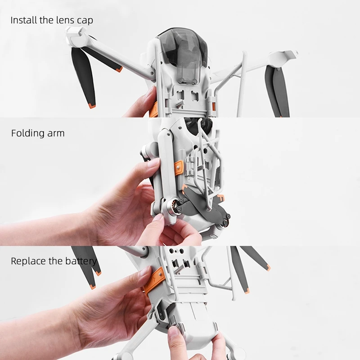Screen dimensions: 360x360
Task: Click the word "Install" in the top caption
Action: pos(24,20)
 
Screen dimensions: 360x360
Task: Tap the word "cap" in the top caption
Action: pos(85,21)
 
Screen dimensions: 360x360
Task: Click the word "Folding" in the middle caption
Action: pos(27,133)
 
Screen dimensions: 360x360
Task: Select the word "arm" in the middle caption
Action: pos(56,134)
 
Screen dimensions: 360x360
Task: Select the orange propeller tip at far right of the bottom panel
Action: pos(268,267)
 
